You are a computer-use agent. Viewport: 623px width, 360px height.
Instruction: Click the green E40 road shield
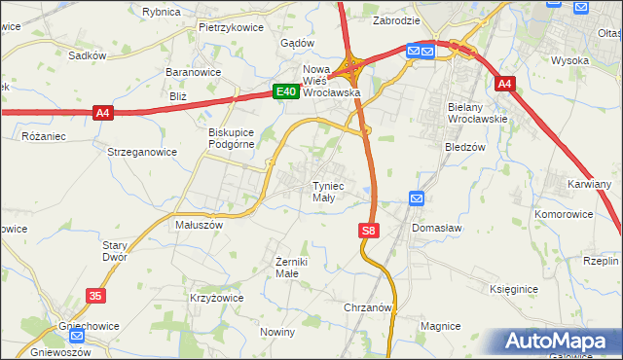click(x=284, y=91)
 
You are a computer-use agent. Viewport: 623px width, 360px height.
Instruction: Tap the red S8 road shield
click(x=367, y=231)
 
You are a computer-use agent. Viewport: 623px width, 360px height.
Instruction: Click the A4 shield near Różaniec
click(x=103, y=114)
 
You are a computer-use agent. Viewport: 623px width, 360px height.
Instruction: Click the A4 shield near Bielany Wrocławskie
click(x=503, y=85)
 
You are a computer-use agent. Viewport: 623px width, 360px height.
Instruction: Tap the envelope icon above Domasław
click(x=417, y=198)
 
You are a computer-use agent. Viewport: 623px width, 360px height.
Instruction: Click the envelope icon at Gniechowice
click(x=77, y=335)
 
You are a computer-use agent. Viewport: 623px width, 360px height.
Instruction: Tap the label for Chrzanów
click(x=367, y=307)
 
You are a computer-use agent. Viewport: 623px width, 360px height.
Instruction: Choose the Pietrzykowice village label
click(x=231, y=28)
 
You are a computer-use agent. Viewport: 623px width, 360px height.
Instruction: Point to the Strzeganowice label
click(x=142, y=152)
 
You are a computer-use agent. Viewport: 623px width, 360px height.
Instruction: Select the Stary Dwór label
click(x=116, y=252)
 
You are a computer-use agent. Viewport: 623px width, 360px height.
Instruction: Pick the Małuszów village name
click(x=199, y=224)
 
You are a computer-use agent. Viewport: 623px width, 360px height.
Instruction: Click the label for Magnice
click(x=440, y=325)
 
